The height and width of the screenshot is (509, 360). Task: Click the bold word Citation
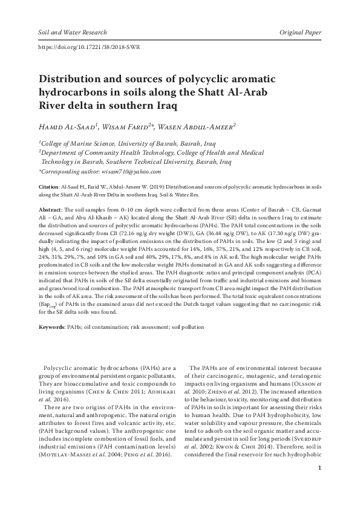point(48,189)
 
